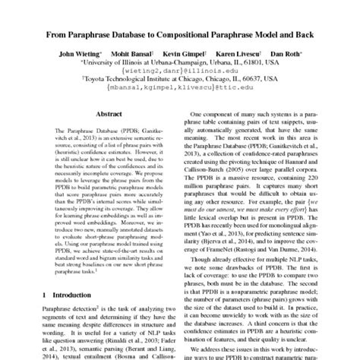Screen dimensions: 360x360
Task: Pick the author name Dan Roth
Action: [286, 55]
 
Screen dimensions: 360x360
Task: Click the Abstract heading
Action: [105, 114]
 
